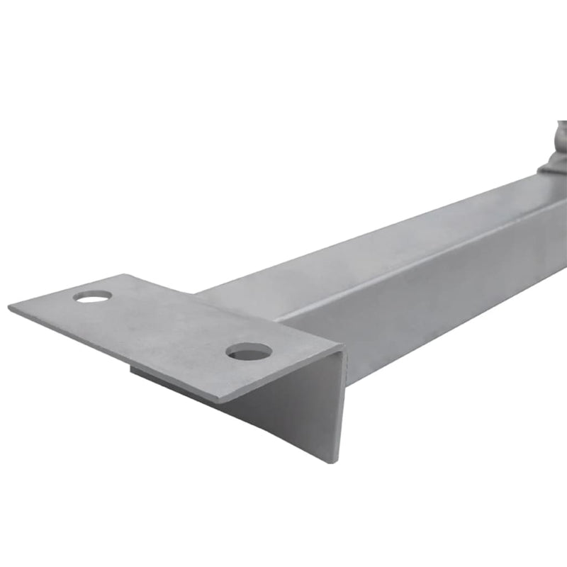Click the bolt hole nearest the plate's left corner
pyautogui.click(x=93, y=296)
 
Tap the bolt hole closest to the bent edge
pyautogui.click(x=249, y=350)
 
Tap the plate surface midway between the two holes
pyautogui.click(x=170, y=323)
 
